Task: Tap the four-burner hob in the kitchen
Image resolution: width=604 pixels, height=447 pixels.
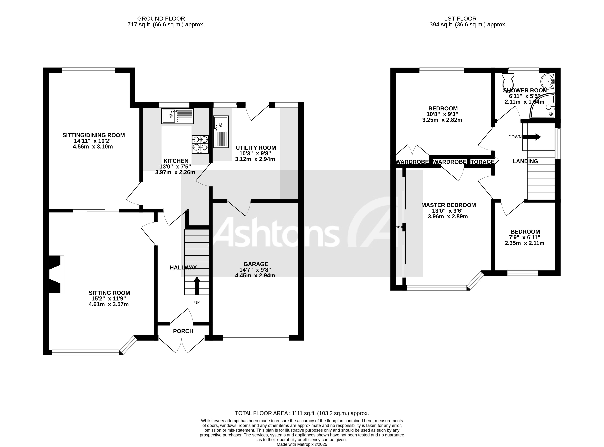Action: pyautogui.click(x=200, y=144)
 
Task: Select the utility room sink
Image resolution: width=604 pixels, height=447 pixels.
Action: pyautogui.click(x=221, y=132)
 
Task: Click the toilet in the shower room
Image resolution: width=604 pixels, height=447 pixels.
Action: pyautogui.click(x=508, y=80)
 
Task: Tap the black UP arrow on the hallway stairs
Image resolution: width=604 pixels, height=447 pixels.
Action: pyautogui.click(x=197, y=286)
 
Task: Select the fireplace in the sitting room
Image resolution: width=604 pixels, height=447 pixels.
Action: pyautogui.click(x=56, y=274)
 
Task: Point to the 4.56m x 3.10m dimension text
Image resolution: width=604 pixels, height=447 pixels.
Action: pyautogui.click(x=93, y=147)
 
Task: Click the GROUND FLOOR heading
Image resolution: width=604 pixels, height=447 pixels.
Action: pyautogui.click(x=161, y=19)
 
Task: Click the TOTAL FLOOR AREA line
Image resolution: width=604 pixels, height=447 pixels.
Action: pyautogui.click(x=302, y=413)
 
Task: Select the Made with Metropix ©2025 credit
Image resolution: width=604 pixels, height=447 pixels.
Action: pyautogui.click(x=302, y=444)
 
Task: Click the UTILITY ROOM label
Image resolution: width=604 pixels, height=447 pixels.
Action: pyautogui.click(x=256, y=148)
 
